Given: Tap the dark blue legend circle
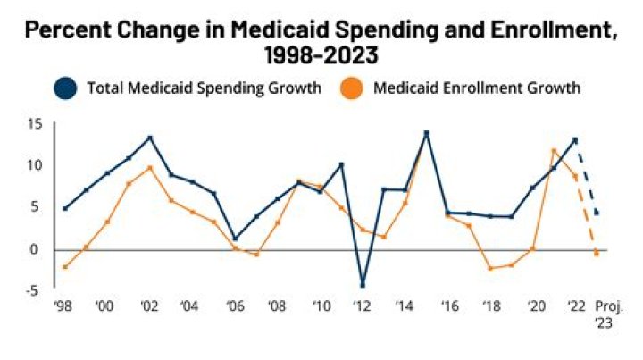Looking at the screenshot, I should (65, 88).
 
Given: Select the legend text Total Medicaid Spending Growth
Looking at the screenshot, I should (204, 88).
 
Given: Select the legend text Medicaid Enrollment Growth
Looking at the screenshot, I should (478, 88).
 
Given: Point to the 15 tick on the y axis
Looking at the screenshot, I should (35, 123).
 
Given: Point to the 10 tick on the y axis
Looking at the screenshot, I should (35, 165).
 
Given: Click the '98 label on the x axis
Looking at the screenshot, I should (63, 306).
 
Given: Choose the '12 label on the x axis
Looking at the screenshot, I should (363, 306).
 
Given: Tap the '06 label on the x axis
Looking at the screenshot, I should (234, 306).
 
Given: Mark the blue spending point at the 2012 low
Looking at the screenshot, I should (363, 286).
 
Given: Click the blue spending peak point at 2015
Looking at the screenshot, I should (426, 133).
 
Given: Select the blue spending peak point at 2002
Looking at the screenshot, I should (150, 138).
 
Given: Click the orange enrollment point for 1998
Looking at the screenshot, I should (64, 267).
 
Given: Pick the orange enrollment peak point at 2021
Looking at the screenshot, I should (554, 150).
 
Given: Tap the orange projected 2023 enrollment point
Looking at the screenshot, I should (597, 255).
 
